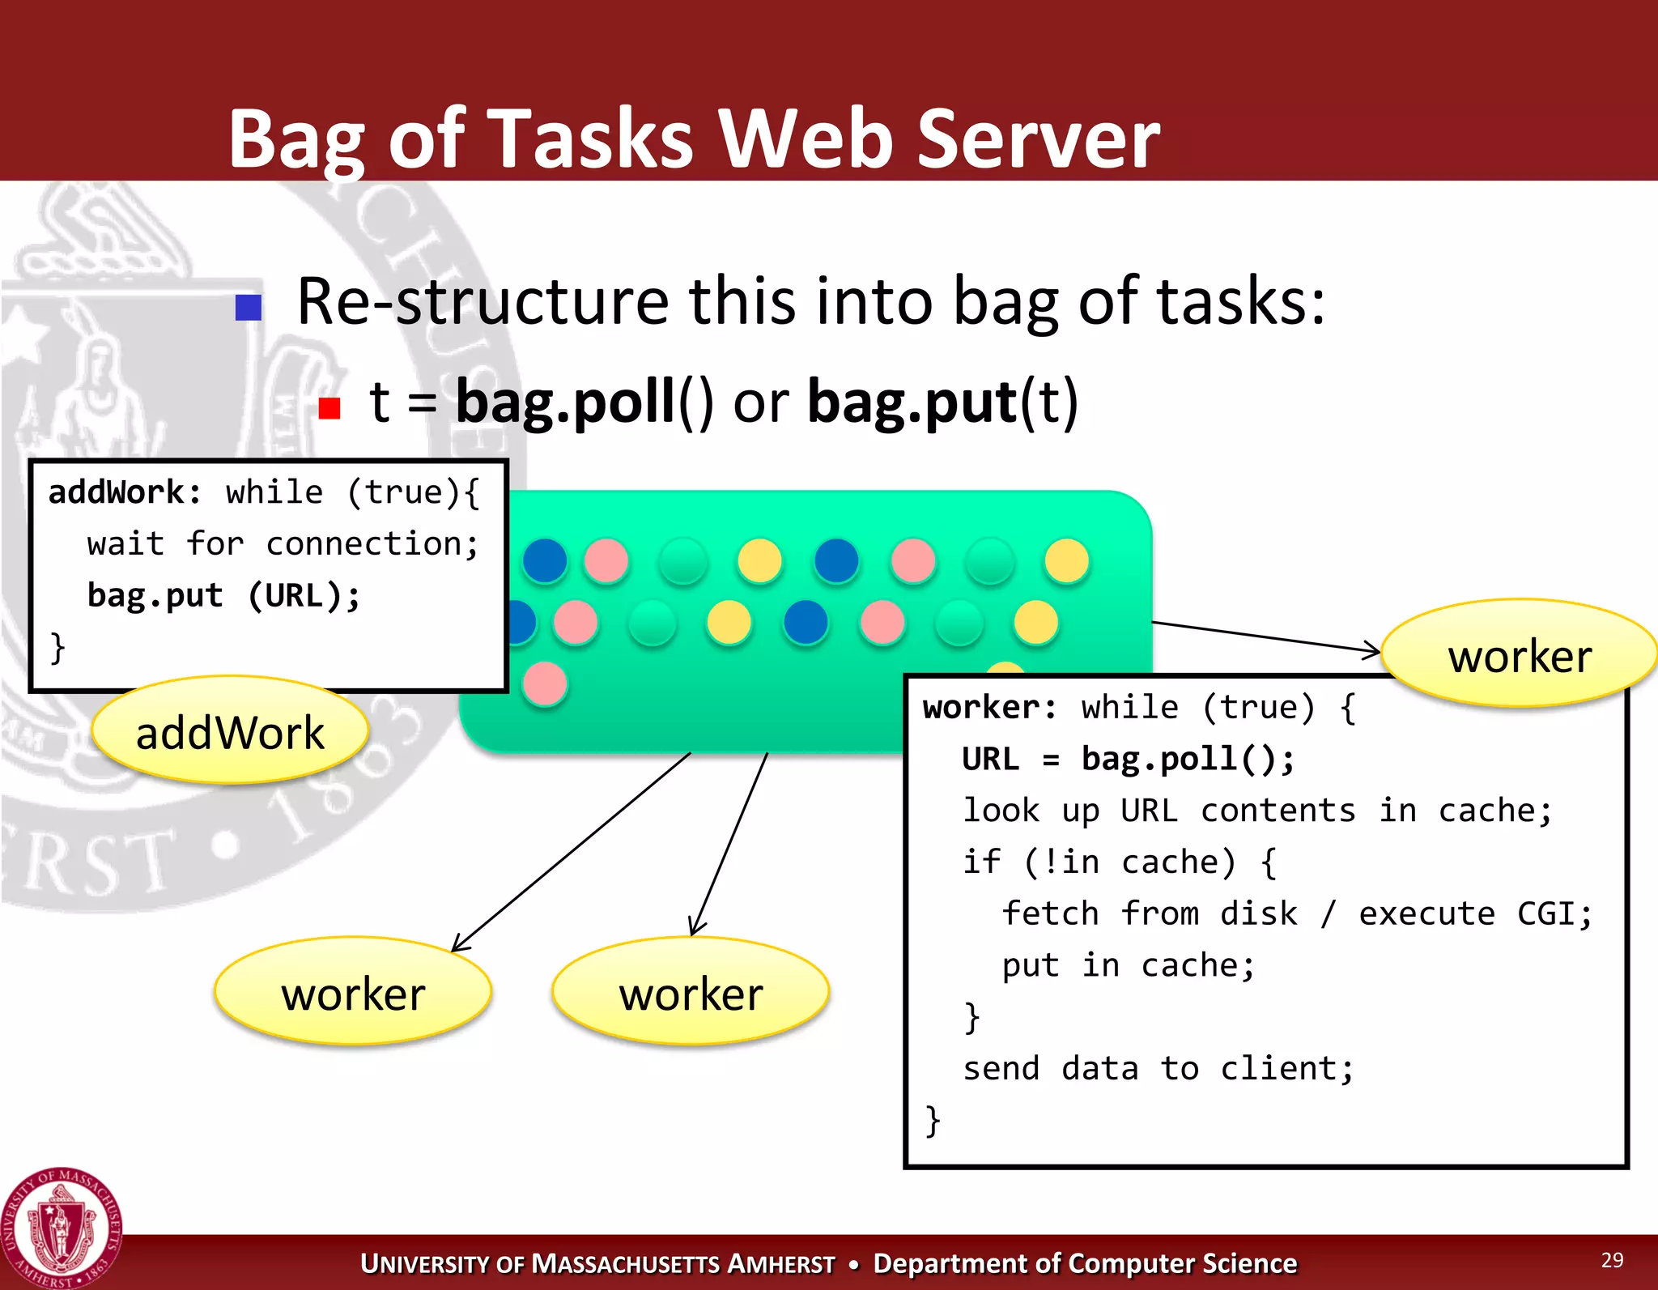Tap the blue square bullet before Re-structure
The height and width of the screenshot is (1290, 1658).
[248, 307]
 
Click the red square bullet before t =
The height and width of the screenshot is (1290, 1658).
[329, 407]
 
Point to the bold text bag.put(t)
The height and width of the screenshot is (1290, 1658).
[942, 402]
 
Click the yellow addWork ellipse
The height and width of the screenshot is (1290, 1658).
[230, 730]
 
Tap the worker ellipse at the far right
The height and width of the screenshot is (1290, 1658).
[1519, 654]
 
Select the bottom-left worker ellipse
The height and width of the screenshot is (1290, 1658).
[353, 992]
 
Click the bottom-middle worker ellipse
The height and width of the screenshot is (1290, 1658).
[691, 992]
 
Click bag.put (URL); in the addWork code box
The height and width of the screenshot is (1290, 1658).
[223, 596]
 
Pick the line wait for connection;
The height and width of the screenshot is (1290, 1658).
[283, 544]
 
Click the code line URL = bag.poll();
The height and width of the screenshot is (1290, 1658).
[1128, 760]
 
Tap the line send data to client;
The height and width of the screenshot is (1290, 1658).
[1158, 1069]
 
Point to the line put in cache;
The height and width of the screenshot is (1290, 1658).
[1128, 966]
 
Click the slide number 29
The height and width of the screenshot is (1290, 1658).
[1612, 1260]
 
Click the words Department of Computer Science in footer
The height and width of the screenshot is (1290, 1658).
[1085, 1264]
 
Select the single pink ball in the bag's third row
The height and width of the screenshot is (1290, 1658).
[545, 684]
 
